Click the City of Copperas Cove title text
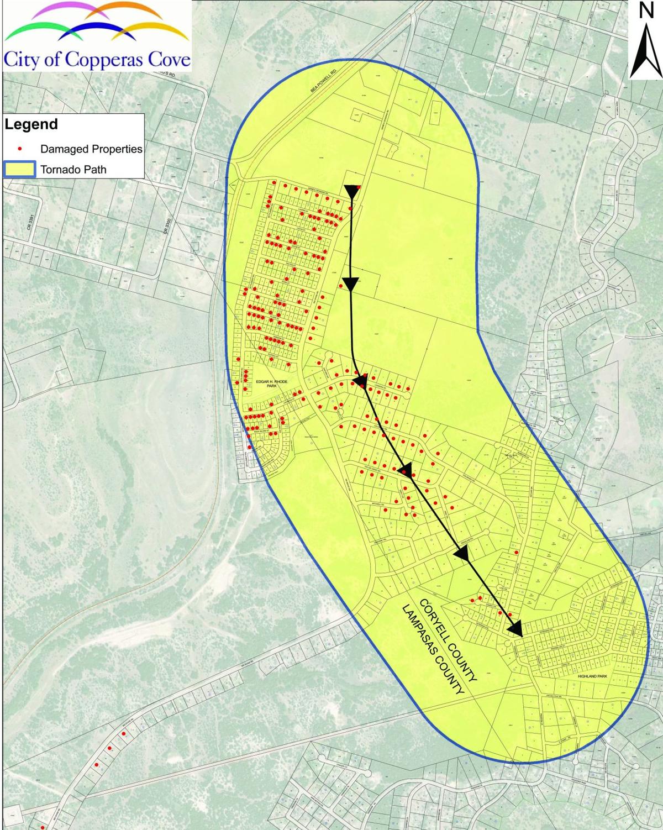coord(97,59)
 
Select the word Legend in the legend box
coord(31,125)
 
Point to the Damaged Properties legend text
coord(91,149)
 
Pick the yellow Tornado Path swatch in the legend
coord(20,170)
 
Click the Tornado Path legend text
coord(73,170)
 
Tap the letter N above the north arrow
coord(646,11)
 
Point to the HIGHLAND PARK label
coord(592,676)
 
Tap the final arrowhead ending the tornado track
coord(515,628)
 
